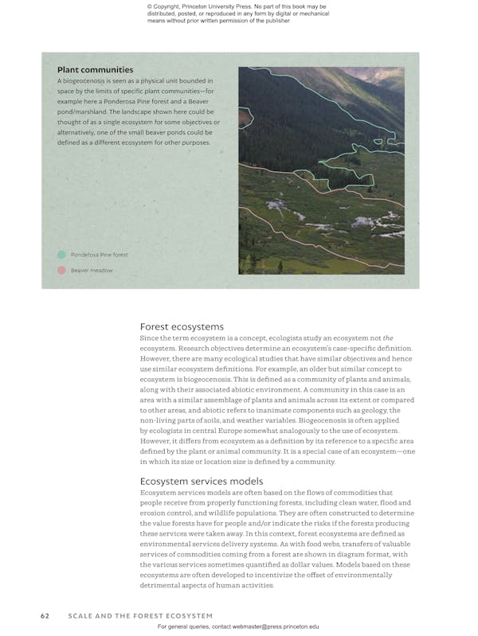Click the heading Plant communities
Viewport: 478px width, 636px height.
95,70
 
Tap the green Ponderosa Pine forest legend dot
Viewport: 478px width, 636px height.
61,255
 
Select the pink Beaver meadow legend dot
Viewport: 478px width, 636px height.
61,271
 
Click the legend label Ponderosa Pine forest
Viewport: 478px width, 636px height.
99,255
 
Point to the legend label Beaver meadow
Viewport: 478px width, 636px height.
92,271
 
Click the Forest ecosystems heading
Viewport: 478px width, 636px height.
182,326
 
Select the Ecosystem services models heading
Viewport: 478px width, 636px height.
202,481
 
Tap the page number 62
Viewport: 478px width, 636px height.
45,615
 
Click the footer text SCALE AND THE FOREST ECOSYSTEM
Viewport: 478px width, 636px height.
140,615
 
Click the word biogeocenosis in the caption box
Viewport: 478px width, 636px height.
88,81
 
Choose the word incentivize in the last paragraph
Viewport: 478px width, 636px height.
272,575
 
